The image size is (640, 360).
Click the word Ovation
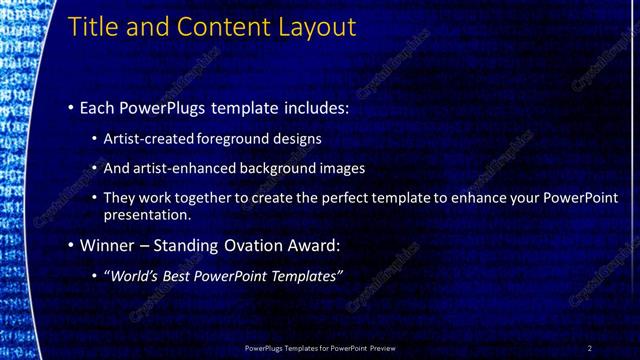(x=255, y=245)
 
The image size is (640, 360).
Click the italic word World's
(x=133, y=275)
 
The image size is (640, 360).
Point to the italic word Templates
(x=307, y=275)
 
